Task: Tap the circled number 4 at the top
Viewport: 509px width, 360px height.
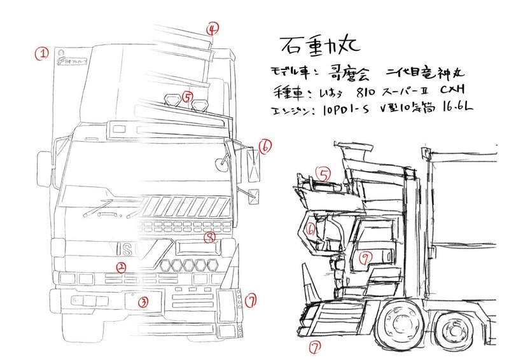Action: (x=213, y=28)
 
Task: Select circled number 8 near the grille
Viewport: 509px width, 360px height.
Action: (x=210, y=237)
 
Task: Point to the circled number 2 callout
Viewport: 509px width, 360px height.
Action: (x=121, y=267)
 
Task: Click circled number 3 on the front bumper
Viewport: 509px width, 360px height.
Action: (x=144, y=302)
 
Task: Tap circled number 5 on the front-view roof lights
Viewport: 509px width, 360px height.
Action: (x=186, y=97)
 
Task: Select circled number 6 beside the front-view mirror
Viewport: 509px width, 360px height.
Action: (x=265, y=146)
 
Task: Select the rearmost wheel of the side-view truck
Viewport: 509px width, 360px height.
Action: (x=453, y=331)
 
